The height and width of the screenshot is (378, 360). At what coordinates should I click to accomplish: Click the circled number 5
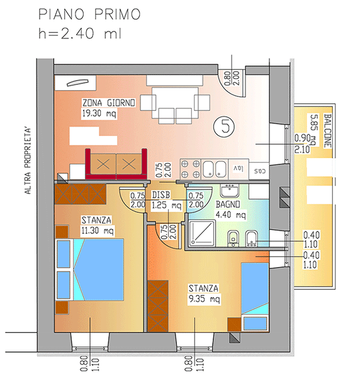224,127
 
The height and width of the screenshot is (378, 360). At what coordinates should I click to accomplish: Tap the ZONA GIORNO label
109,103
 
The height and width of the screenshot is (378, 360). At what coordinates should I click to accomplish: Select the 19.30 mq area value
99,113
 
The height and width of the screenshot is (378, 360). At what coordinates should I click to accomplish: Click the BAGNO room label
228,204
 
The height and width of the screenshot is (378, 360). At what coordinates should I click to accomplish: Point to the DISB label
161,195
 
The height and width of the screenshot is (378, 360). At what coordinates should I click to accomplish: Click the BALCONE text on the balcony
327,130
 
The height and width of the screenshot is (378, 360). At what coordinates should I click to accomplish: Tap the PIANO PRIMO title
89,14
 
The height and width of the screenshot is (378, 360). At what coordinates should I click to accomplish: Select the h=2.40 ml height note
80,33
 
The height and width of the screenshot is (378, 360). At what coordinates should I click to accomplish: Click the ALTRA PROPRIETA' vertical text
28,161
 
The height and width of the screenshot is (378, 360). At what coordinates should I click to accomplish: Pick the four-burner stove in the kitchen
191,169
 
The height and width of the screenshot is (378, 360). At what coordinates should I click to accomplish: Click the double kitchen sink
215,169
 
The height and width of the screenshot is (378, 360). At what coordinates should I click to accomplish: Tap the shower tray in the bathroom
202,233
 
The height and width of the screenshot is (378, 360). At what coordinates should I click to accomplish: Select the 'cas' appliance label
260,171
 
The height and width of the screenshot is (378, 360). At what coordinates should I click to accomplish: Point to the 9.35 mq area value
204,299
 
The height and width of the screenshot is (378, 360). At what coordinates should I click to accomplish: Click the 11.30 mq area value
98,231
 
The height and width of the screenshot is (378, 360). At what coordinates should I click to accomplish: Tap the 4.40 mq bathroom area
231,214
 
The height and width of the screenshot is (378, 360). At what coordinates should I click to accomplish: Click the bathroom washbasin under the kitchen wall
229,190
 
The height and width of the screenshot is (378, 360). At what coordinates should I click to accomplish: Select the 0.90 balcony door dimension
302,139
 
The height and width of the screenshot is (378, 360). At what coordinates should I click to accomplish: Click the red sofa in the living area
116,164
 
